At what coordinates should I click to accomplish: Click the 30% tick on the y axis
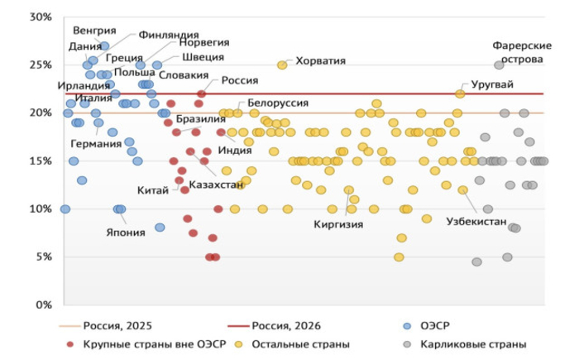[39, 17]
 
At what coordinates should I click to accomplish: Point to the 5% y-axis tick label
[41, 257]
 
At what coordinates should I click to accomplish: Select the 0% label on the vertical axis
[41, 305]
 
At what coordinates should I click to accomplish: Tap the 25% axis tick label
[39, 65]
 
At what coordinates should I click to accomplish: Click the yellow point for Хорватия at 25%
[282, 65]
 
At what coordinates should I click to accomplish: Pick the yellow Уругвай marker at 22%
[460, 94]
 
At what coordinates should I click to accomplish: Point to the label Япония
[125, 233]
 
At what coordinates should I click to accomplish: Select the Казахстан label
[216, 184]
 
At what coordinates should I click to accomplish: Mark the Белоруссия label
[279, 103]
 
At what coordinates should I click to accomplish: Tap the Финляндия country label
[168, 36]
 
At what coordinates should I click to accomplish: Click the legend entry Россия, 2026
[284, 325]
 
